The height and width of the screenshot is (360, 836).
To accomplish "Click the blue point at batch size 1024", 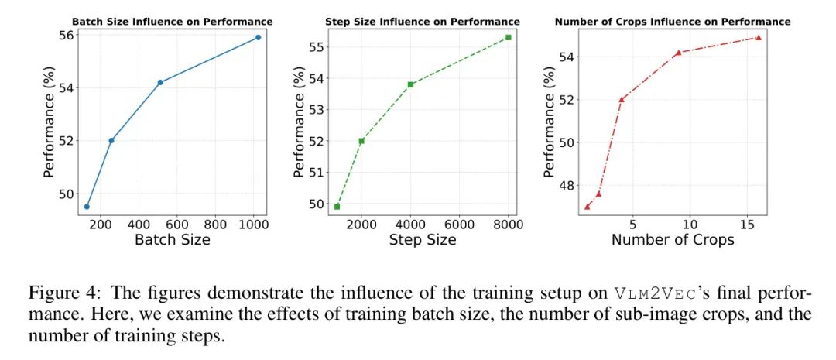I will tap(258, 37).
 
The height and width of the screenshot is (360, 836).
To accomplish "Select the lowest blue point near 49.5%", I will tap(87, 207).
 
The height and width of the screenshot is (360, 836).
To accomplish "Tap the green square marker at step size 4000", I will tap(410, 84).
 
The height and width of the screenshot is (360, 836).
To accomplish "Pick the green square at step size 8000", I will tap(509, 37).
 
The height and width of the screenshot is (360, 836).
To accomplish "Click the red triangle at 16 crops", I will tap(758, 37).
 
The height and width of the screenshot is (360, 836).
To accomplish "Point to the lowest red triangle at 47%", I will tap(587, 207).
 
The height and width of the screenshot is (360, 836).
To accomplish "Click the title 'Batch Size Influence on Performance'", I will tap(173, 21).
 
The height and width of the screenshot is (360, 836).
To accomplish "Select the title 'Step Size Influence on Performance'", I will tap(423, 21).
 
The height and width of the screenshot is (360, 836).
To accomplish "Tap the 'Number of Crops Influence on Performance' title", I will tap(673, 21).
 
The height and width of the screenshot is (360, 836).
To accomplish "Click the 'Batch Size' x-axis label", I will tap(173, 240).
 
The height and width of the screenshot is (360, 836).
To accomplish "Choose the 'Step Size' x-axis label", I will tap(423, 240).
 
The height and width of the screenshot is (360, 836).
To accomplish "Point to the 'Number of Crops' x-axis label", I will tap(673, 240).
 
